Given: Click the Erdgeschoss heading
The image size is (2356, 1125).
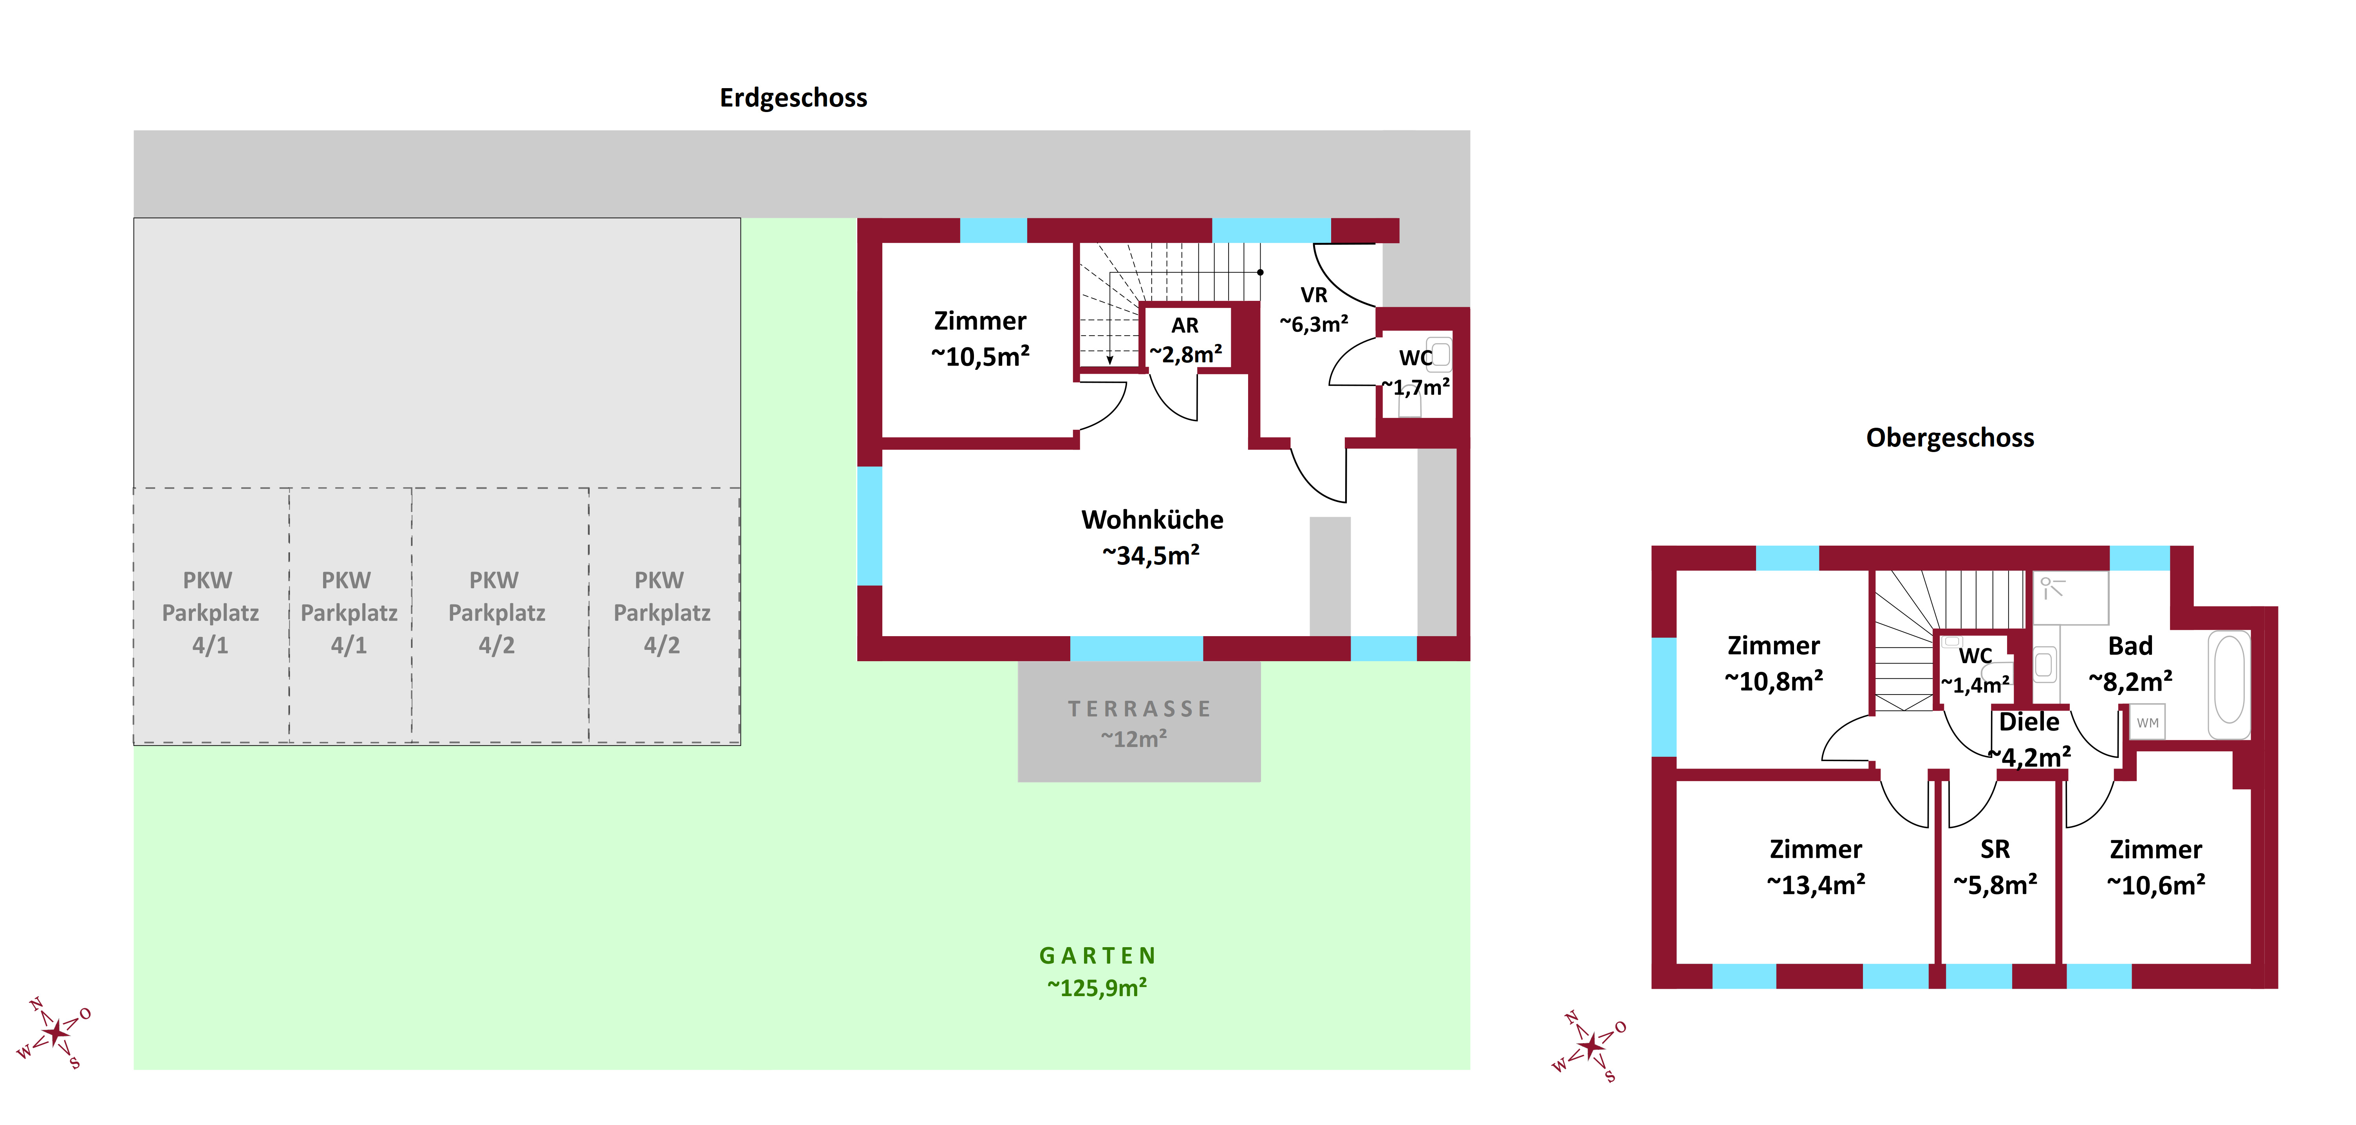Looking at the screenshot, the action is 793,98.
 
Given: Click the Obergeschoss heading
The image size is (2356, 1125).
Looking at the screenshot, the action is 1950,438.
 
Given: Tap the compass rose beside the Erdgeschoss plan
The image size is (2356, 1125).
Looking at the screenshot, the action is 55,1033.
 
